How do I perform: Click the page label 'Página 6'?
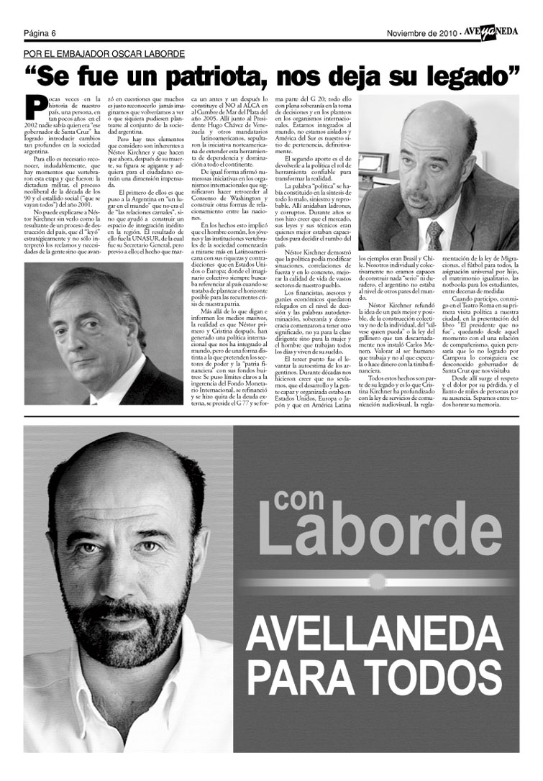click(40, 33)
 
